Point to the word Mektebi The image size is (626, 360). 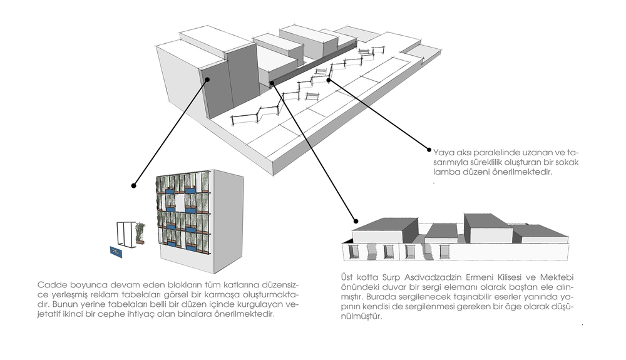[x=557, y=277]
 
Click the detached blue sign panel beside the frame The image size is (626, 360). [x=117, y=252]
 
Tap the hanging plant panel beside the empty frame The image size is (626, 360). [x=140, y=233]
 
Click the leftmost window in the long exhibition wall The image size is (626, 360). [x=353, y=252]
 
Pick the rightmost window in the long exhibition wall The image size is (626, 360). [x=444, y=252]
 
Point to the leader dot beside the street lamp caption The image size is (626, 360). [x=429, y=150]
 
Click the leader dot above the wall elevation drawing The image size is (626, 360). [x=356, y=221]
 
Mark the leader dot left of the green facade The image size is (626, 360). [x=134, y=185]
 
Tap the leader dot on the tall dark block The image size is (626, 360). [x=207, y=80]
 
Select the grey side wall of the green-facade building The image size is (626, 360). [x=228, y=222]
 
